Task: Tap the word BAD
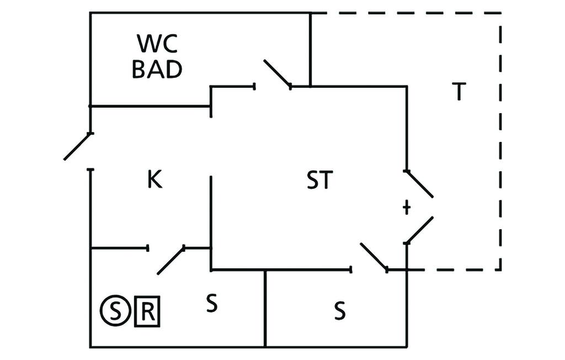pos(157,69)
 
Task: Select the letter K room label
pos(154,180)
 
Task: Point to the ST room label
pos(319,181)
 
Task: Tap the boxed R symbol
pos(147,313)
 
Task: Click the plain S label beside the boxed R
pos(211,304)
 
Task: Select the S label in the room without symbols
pos(340,312)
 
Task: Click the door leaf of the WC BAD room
pos(277,73)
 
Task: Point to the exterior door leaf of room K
pos(77,146)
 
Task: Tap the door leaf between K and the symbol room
pos(171,261)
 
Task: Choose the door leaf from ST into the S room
pos(374,257)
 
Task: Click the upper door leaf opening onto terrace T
pos(419,183)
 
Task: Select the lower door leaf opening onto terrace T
pos(419,230)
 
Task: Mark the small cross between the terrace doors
pos(407,208)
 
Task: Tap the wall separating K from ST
pos(211,221)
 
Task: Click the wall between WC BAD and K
pos(149,105)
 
